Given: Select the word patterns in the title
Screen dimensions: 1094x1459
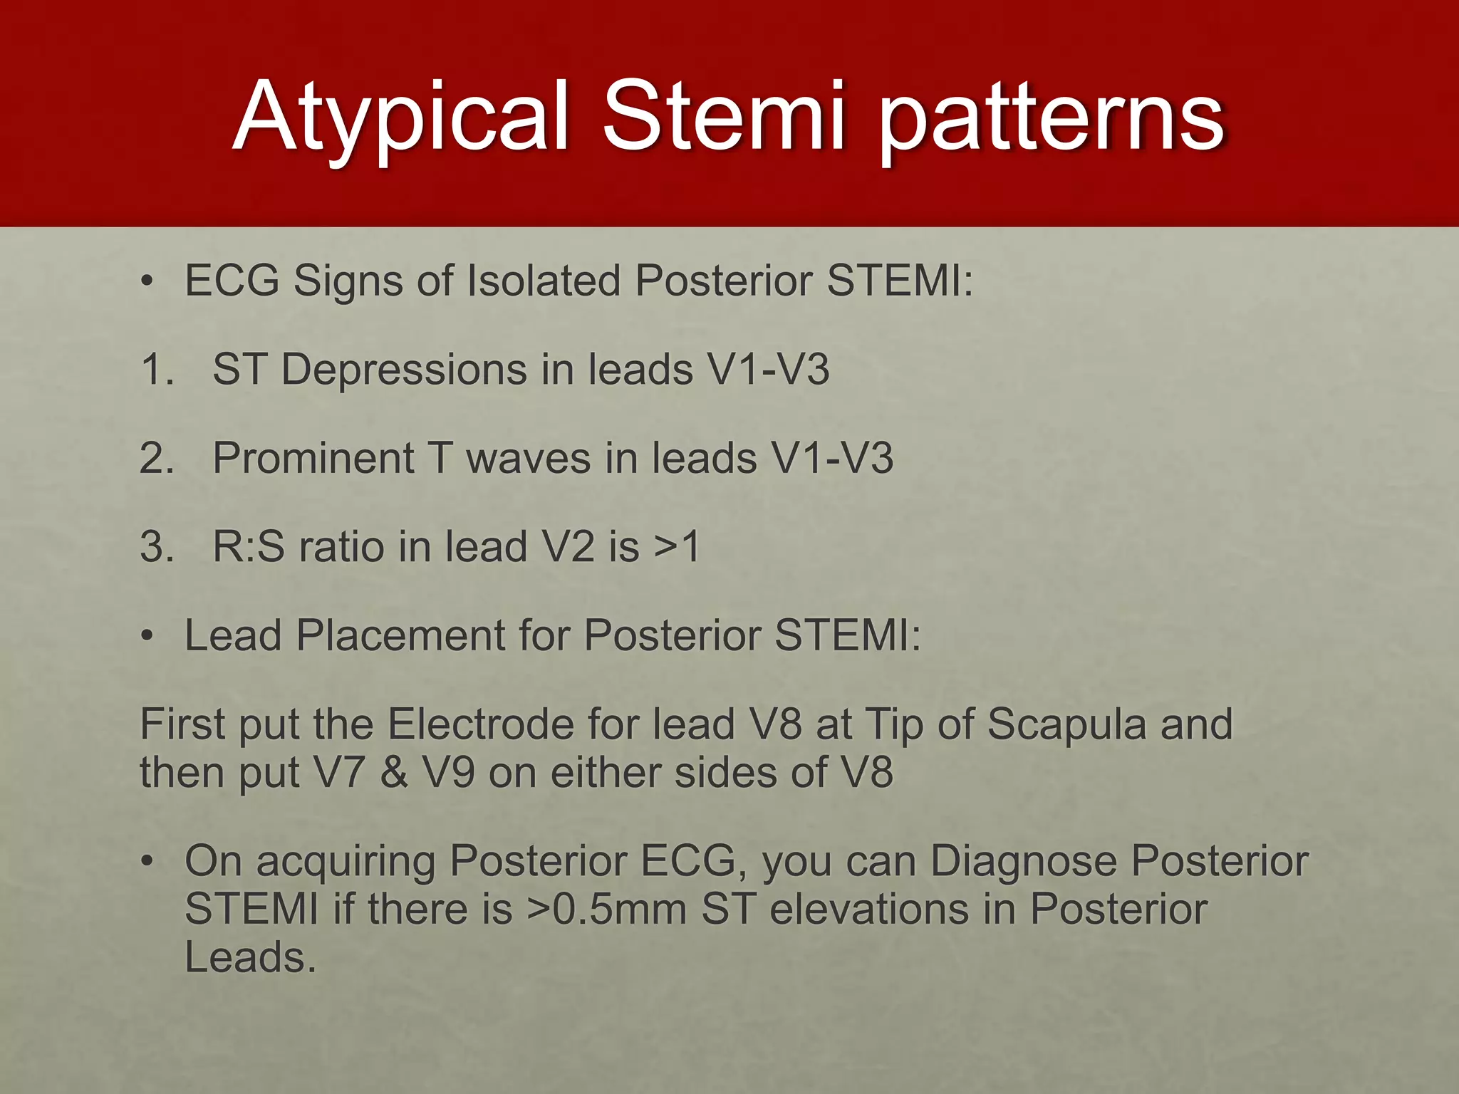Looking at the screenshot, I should click(x=1050, y=118).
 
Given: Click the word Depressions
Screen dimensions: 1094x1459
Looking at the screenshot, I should click(x=403, y=370).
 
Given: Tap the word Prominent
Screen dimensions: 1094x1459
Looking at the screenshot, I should click(x=313, y=458).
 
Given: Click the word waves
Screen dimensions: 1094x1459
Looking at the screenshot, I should click(x=528, y=458).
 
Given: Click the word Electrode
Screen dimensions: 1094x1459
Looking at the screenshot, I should click(x=481, y=724).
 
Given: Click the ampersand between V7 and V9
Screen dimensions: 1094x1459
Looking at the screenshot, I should click(x=394, y=773).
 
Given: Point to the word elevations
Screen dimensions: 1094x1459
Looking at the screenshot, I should click(x=869, y=910).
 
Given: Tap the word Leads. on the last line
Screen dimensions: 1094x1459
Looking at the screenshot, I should click(x=250, y=957).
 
